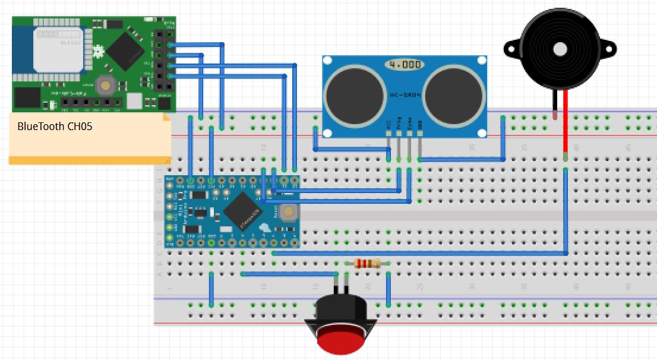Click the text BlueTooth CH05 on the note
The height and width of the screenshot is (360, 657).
[55, 127]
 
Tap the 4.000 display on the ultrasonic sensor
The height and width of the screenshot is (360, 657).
[405, 64]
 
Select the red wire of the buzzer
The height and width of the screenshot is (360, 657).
[566, 125]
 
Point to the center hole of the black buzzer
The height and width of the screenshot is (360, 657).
[559, 48]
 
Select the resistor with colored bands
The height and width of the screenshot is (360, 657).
[368, 264]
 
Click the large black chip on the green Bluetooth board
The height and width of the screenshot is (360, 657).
[126, 49]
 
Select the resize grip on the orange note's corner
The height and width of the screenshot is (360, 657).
[168, 160]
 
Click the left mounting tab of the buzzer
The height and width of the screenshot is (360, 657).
[510, 48]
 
